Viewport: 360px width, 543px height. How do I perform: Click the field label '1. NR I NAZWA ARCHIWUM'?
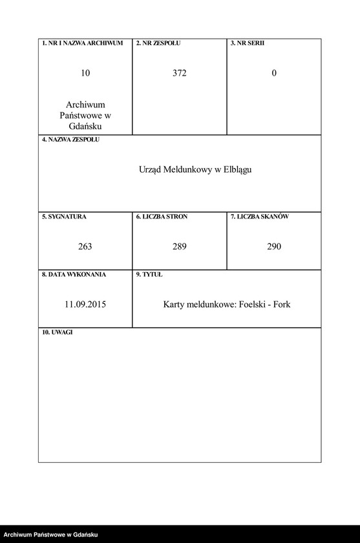click(82, 43)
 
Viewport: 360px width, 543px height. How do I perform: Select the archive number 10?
click(85, 73)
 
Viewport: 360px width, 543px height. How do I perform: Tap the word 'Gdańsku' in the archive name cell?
click(85, 126)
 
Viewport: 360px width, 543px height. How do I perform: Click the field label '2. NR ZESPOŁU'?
click(158, 43)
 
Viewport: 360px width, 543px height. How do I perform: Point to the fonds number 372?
click(180, 73)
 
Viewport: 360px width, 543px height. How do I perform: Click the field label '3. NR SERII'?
click(248, 43)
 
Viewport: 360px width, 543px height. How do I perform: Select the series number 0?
click(274, 73)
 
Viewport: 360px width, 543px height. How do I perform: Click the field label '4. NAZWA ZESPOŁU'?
click(71, 140)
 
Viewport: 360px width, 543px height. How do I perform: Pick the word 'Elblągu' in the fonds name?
click(236, 169)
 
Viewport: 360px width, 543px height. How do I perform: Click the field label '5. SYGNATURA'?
click(64, 217)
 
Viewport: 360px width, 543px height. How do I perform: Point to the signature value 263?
click(85, 246)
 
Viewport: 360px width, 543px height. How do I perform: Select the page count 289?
click(180, 246)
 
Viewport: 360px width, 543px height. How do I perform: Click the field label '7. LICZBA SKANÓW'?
click(260, 217)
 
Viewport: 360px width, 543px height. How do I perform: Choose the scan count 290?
click(274, 246)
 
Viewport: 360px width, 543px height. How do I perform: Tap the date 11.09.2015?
click(85, 304)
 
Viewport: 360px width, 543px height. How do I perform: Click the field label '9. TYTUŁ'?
click(149, 274)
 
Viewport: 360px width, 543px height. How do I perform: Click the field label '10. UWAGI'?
click(58, 332)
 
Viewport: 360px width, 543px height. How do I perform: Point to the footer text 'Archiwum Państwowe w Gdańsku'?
click(50, 535)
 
